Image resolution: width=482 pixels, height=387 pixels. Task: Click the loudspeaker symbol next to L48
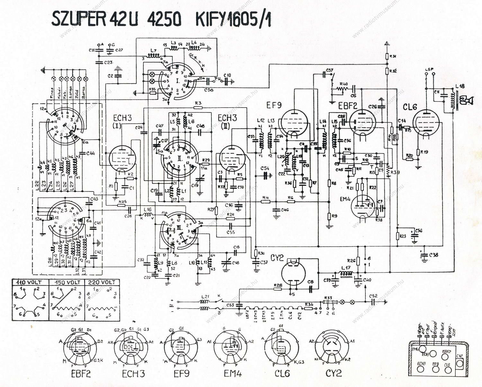(467, 101)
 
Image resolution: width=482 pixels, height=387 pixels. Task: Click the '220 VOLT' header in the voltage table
(102, 282)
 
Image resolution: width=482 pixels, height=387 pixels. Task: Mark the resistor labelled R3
(198, 107)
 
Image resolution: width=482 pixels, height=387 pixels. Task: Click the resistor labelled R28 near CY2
(278, 289)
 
